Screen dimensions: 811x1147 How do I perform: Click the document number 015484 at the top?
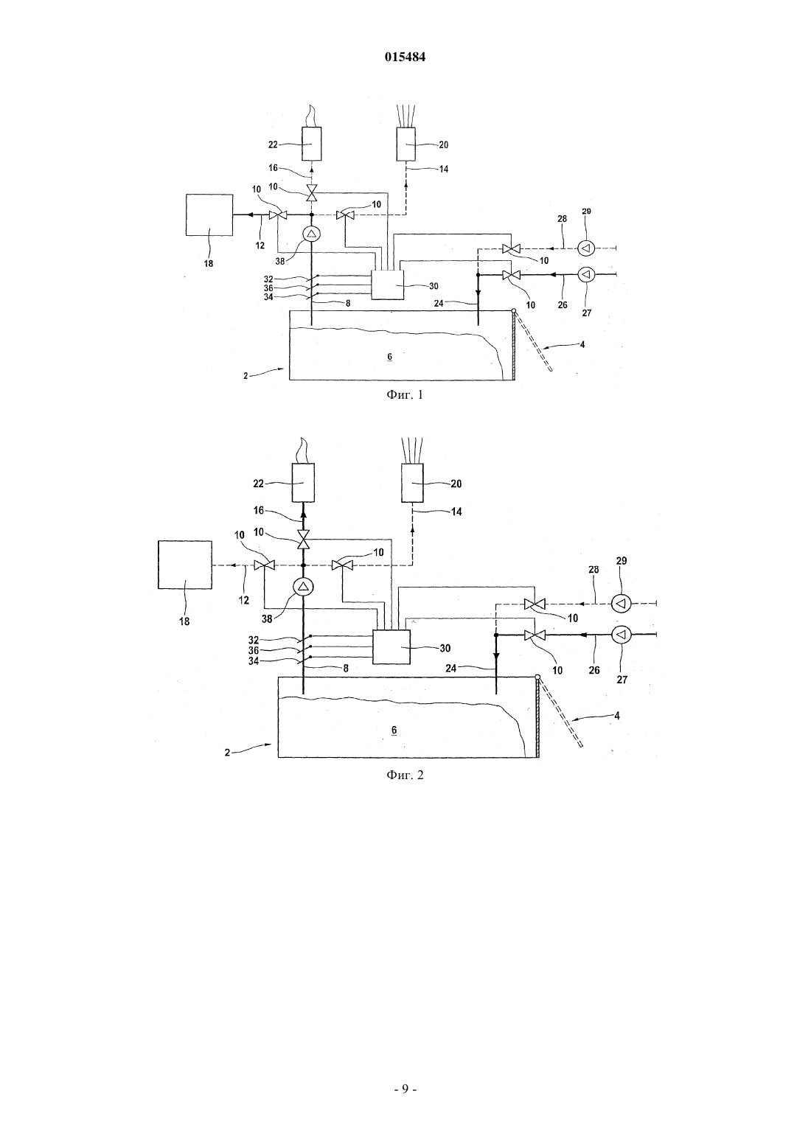click(x=405, y=57)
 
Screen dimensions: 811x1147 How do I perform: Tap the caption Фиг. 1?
click(x=405, y=395)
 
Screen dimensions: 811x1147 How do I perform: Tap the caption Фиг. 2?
click(x=405, y=775)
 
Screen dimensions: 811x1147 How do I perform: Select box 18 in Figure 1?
click(x=209, y=215)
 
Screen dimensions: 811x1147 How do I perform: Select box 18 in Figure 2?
click(x=185, y=565)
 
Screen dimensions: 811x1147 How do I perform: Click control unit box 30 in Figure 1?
click(x=387, y=285)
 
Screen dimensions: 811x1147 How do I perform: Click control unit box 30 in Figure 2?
click(x=391, y=647)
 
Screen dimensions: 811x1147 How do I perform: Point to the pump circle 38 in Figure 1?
click(x=311, y=234)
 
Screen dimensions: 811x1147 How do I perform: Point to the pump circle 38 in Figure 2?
click(x=303, y=587)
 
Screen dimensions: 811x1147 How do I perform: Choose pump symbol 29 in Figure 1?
click(x=586, y=248)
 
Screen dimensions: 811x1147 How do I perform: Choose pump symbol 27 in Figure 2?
click(x=621, y=635)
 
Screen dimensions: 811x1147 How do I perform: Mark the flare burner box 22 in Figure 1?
click(x=311, y=144)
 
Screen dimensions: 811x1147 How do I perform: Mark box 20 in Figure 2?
click(x=413, y=483)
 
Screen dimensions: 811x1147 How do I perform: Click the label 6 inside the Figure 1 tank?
click(x=389, y=357)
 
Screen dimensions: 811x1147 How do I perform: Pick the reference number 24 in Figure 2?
click(x=450, y=668)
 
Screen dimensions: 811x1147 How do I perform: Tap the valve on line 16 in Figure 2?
click(x=303, y=540)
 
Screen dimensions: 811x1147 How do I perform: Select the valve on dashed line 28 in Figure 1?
click(x=510, y=249)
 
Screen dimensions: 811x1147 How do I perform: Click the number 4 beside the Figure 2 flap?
click(x=616, y=715)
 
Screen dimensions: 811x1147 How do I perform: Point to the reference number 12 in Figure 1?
click(x=260, y=245)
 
